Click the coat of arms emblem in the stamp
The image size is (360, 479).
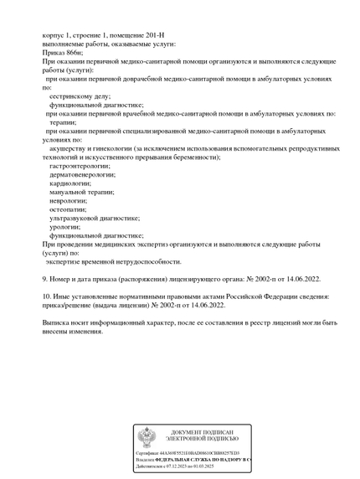(146, 437)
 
